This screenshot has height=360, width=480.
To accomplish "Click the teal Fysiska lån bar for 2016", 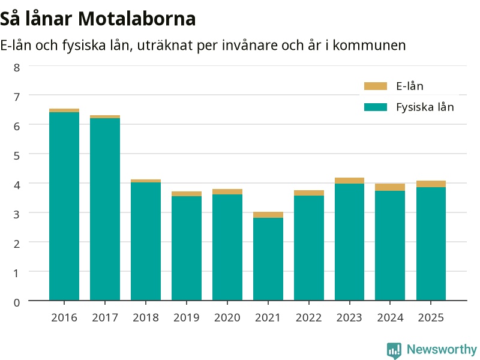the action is [64, 206].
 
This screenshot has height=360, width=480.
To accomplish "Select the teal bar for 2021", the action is [268, 259].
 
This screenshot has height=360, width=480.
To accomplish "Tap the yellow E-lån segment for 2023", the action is [349, 181].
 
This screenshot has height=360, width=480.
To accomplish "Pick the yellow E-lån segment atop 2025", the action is [431, 184].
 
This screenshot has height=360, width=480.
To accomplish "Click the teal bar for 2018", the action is [146, 242].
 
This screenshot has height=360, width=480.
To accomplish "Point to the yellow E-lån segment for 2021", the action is [268, 215].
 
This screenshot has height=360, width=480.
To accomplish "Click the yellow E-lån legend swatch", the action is [376, 86].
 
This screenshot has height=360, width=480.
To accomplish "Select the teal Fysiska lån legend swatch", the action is [376, 107].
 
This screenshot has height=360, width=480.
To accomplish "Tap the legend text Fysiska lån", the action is [425, 107].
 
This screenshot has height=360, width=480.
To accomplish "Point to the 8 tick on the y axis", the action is [17, 68].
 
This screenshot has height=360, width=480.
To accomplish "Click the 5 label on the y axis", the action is [17, 156].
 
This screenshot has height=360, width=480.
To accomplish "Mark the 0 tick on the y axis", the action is [17, 303].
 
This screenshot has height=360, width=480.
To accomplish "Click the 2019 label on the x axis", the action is [187, 318].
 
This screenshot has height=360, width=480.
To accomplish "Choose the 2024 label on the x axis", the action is [390, 318].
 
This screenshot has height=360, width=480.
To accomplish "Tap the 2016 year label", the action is [64, 318].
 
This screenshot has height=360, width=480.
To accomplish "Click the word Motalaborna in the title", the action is [137, 19].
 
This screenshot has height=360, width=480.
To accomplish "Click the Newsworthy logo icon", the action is [394, 350].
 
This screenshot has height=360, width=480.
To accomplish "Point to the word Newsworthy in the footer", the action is [442, 349].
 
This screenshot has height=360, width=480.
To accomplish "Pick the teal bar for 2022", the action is [309, 248].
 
